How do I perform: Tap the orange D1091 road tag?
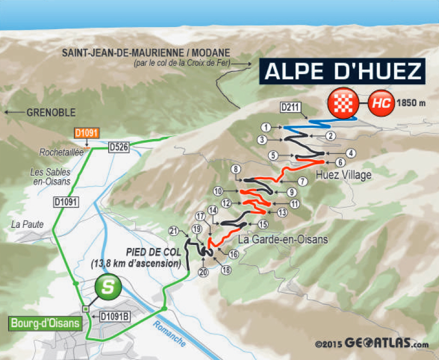pyautogui.click(x=85, y=133)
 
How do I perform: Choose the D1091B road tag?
pyautogui.click(x=115, y=317)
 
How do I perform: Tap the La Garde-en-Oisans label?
pyautogui.click(x=283, y=239)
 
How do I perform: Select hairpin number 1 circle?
pyautogui.click(x=266, y=127)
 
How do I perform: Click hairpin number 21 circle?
pyautogui.click(x=174, y=231)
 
